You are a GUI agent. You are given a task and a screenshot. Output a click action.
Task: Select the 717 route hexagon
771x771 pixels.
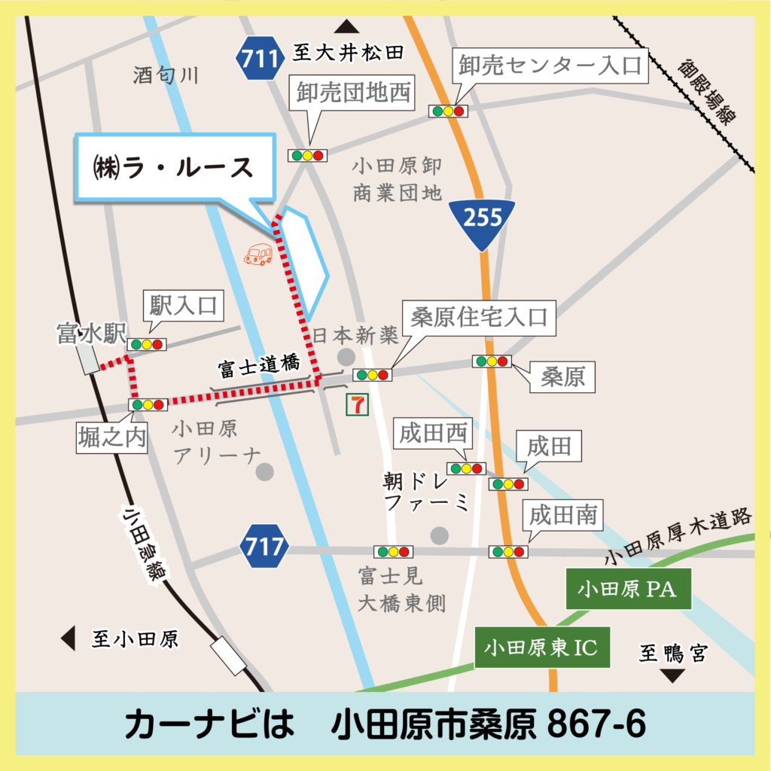click(265, 546)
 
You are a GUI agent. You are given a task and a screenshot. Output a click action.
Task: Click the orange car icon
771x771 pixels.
click(258, 254)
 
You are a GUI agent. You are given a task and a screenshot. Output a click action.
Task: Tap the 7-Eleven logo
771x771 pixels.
click(356, 404)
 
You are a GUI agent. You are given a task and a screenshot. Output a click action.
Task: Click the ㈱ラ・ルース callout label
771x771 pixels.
click(175, 168)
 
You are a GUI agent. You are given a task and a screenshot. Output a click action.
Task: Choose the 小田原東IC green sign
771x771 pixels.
click(542, 648)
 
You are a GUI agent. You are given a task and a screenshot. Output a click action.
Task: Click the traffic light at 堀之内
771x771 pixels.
click(148, 404)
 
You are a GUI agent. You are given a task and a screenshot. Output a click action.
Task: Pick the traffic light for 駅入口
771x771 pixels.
click(147, 344)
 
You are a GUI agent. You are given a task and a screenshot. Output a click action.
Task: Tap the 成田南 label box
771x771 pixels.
click(563, 515)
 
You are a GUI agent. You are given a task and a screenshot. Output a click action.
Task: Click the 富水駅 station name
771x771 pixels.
click(91, 334)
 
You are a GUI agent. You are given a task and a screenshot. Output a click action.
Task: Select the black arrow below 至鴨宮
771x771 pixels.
click(672, 675)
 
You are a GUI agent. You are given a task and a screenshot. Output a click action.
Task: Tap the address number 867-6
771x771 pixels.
click(596, 724)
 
